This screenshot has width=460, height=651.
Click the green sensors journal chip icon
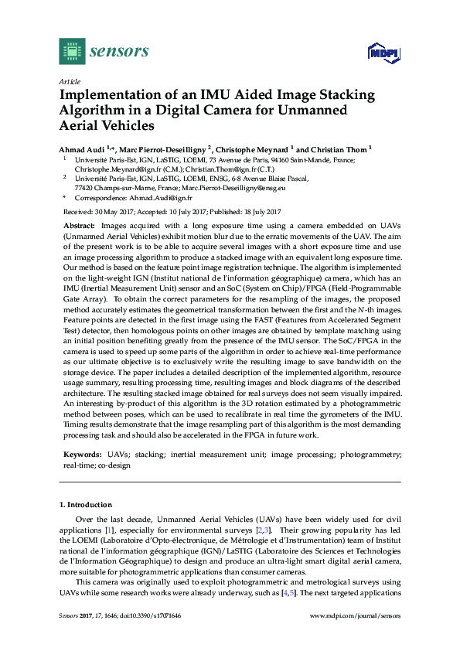pyautogui.click(x=72, y=50)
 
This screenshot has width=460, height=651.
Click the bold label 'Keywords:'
pyautogui.click(x=80, y=455)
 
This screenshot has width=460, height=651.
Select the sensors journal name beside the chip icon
pyautogui.click(x=119, y=51)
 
